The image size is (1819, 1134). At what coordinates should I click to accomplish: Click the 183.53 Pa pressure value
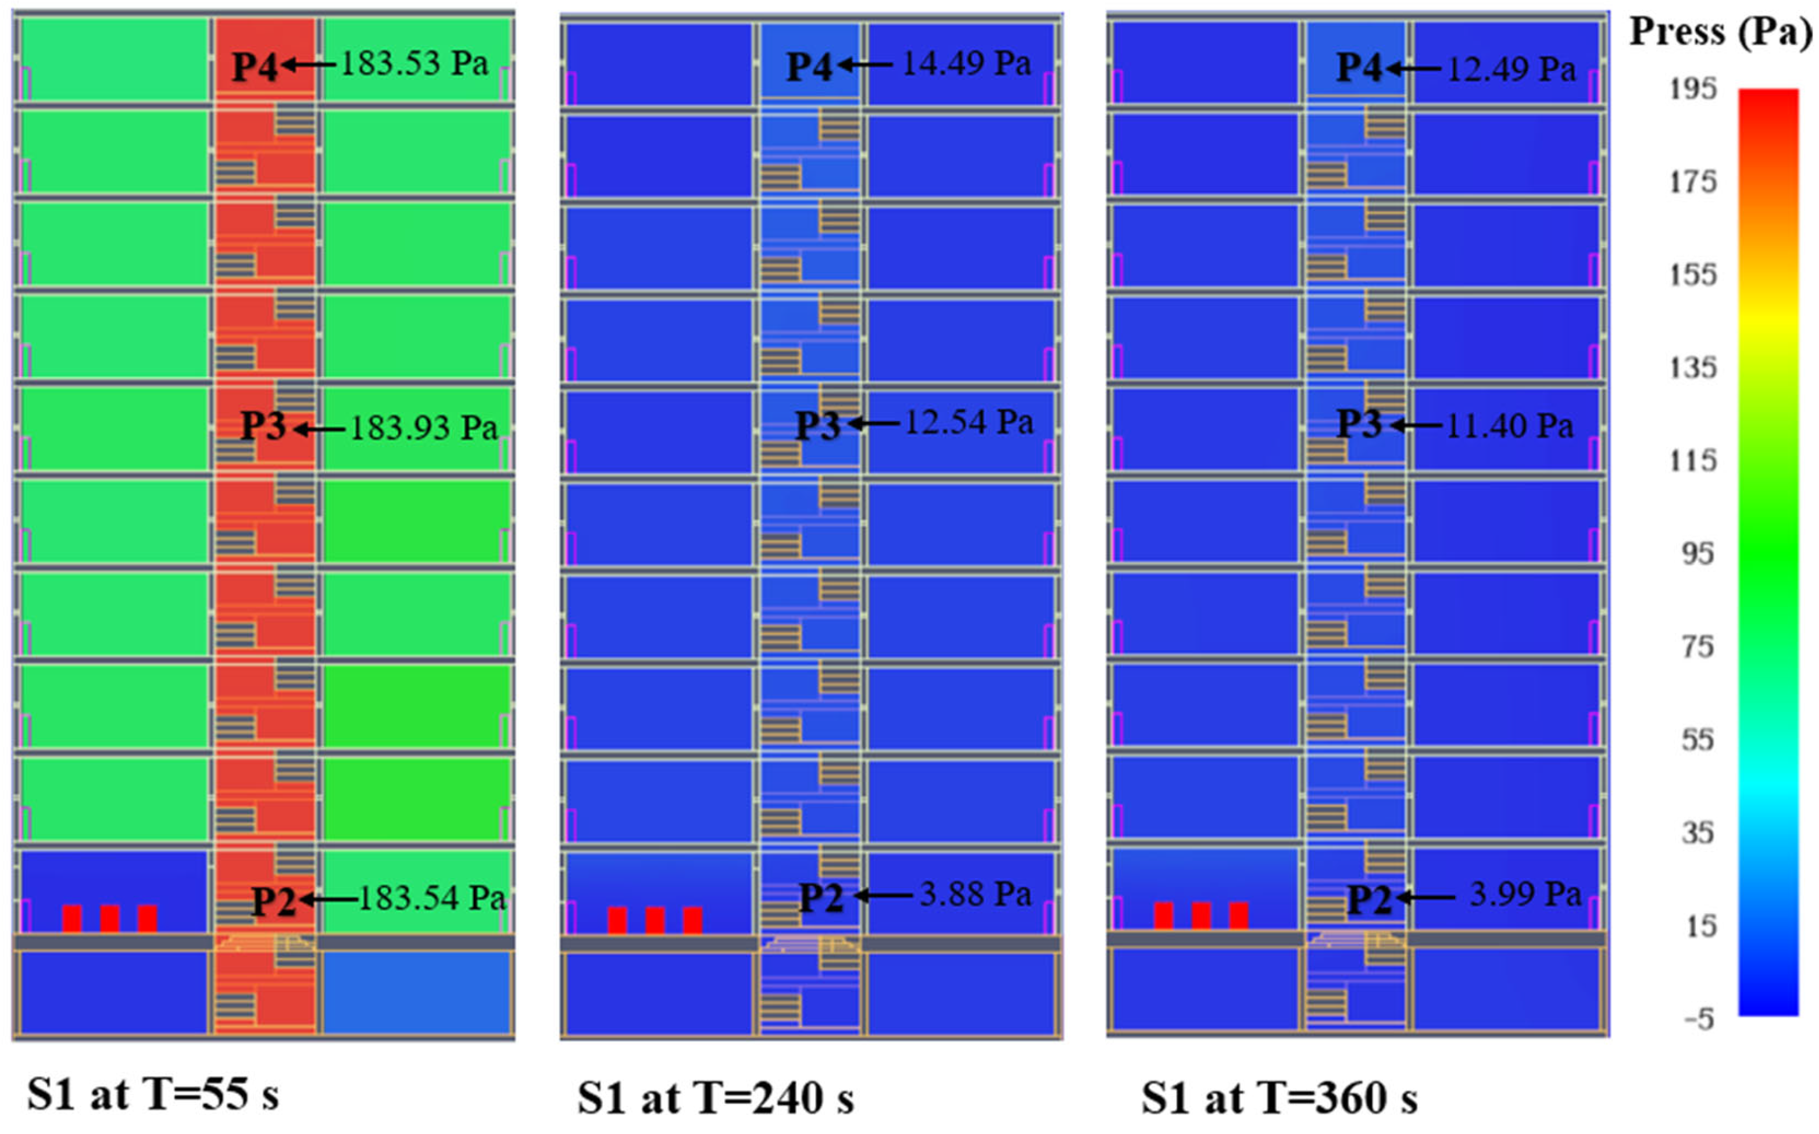(414, 64)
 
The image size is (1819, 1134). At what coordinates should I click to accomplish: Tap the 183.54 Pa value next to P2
(432, 898)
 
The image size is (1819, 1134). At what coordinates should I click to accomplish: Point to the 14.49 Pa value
(966, 64)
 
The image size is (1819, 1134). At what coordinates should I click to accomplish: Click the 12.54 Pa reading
(969, 423)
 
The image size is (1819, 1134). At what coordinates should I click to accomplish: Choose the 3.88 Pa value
(975, 894)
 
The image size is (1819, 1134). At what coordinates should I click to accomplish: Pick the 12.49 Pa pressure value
(1511, 69)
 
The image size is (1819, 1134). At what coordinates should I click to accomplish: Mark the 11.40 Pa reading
(1509, 426)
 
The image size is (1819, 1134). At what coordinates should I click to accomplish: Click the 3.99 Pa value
(1525, 894)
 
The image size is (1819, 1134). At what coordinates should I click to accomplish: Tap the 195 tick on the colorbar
(1692, 90)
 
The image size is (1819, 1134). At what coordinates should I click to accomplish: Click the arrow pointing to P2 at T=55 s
(330, 899)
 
